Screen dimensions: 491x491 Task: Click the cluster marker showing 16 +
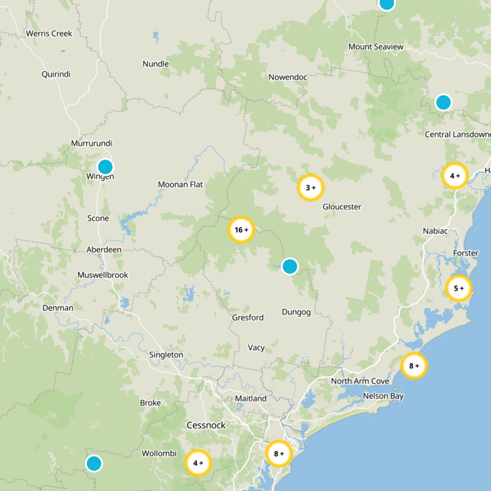click(241, 230)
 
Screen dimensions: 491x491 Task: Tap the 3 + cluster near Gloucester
click(310, 188)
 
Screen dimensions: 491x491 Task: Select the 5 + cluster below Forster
click(458, 288)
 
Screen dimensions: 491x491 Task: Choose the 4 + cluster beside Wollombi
click(198, 463)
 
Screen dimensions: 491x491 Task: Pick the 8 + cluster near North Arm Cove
click(414, 366)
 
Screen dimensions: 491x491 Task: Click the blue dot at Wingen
click(106, 166)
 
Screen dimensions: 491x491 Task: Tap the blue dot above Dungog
click(289, 266)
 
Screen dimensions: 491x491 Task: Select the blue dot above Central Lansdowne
click(443, 102)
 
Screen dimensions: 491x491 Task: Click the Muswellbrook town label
click(102, 275)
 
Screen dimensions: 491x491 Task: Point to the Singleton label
click(166, 355)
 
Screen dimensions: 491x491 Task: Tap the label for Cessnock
click(206, 425)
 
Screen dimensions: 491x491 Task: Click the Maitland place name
click(250, 399)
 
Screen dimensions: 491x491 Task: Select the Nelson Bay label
click(383, 396)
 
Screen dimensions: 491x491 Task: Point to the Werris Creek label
click(49, 34)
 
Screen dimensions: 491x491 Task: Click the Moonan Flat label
click(180, 184)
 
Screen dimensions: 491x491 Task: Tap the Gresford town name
click(247, 318)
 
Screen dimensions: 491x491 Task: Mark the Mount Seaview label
click(376, 47)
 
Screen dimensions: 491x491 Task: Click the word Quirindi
click(56, 74)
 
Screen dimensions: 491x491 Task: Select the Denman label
click(58, 307)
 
